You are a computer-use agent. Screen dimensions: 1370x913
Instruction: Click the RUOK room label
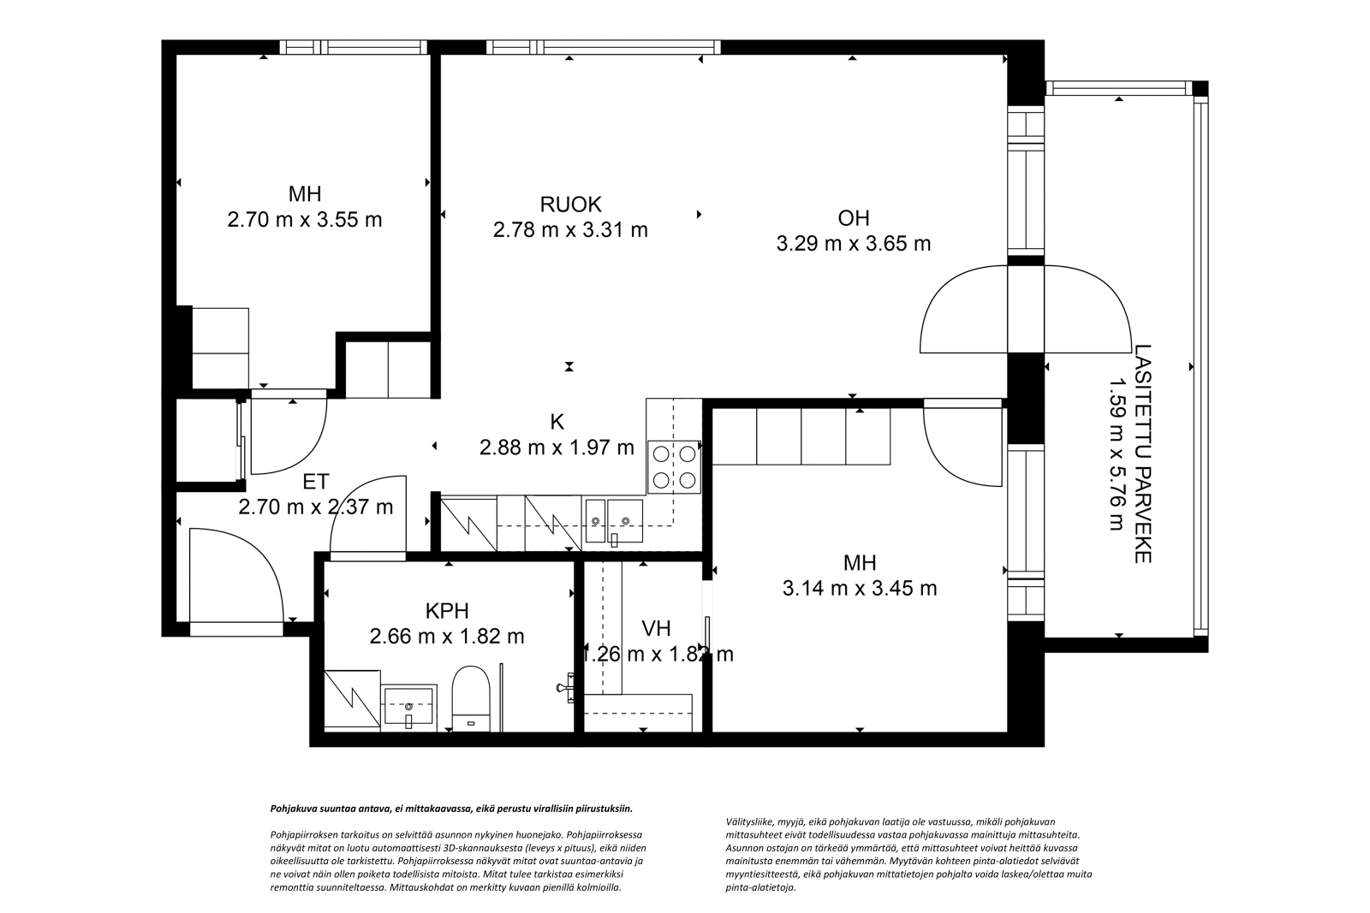tap(570, 205)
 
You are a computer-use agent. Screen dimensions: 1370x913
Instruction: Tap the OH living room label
tap(853, 218)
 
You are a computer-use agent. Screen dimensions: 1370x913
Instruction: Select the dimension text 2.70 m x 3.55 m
tap(305, 219)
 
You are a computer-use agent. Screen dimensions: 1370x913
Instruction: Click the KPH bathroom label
tap(447, 610)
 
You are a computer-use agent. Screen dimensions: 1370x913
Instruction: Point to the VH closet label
tap(656, 627)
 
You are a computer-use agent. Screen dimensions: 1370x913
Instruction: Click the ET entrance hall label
tap(316, 482)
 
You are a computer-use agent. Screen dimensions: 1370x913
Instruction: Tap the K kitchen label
tap(557, 422)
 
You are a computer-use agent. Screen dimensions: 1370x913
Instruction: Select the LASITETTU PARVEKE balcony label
tap(1143, 454)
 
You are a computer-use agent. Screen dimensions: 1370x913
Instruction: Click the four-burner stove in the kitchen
tap(674, 467)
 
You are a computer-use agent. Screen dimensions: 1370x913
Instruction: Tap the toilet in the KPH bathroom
tap(471, 698)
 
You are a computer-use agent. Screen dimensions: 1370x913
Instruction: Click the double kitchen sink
tap(614, 521)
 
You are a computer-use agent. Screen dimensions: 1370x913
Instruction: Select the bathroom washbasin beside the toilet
tap(408, 708)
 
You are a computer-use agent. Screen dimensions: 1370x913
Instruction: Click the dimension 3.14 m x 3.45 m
tap(860, 589)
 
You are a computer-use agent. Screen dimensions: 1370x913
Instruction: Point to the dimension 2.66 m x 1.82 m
tap(446, 637)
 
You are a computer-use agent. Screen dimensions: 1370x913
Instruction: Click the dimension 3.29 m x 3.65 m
tap(853, 244)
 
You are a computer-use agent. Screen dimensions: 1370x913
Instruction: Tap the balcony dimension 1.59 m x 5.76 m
tap(1117, 454)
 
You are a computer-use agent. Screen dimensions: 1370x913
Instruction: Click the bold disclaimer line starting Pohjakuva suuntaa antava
tap(451, 809)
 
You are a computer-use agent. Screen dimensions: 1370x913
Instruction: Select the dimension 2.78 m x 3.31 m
tap(570, 230)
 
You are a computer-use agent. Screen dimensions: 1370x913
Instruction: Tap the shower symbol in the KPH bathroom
tap(352, 698)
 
